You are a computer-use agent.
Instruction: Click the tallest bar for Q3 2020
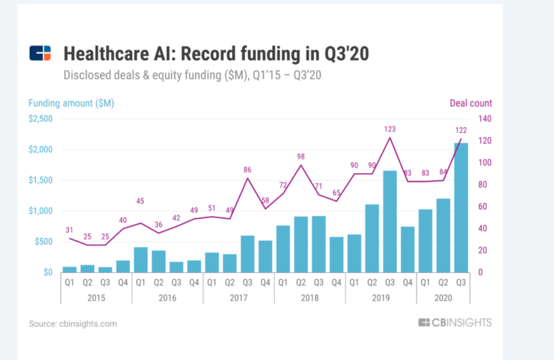pos(461,207)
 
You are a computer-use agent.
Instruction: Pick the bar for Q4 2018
pos(336,254)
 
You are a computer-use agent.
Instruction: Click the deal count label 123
pos(389,129)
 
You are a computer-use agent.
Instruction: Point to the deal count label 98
pos(301,157)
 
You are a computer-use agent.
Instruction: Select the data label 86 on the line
pos(247,170)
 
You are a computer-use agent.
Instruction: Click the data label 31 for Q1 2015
pos(70,230)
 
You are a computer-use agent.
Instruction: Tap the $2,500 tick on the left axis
pos(40,119)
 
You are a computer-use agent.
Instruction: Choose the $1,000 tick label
pos(40,211)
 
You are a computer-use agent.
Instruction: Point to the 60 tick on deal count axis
pos(483,207)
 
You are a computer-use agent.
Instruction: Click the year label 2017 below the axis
pos(238,298)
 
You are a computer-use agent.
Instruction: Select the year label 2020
pos(443,298)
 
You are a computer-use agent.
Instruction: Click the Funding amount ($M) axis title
pos(71,103)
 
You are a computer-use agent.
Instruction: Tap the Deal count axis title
pos(471,103)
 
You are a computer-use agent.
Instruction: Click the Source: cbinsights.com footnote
pos(73,324)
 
